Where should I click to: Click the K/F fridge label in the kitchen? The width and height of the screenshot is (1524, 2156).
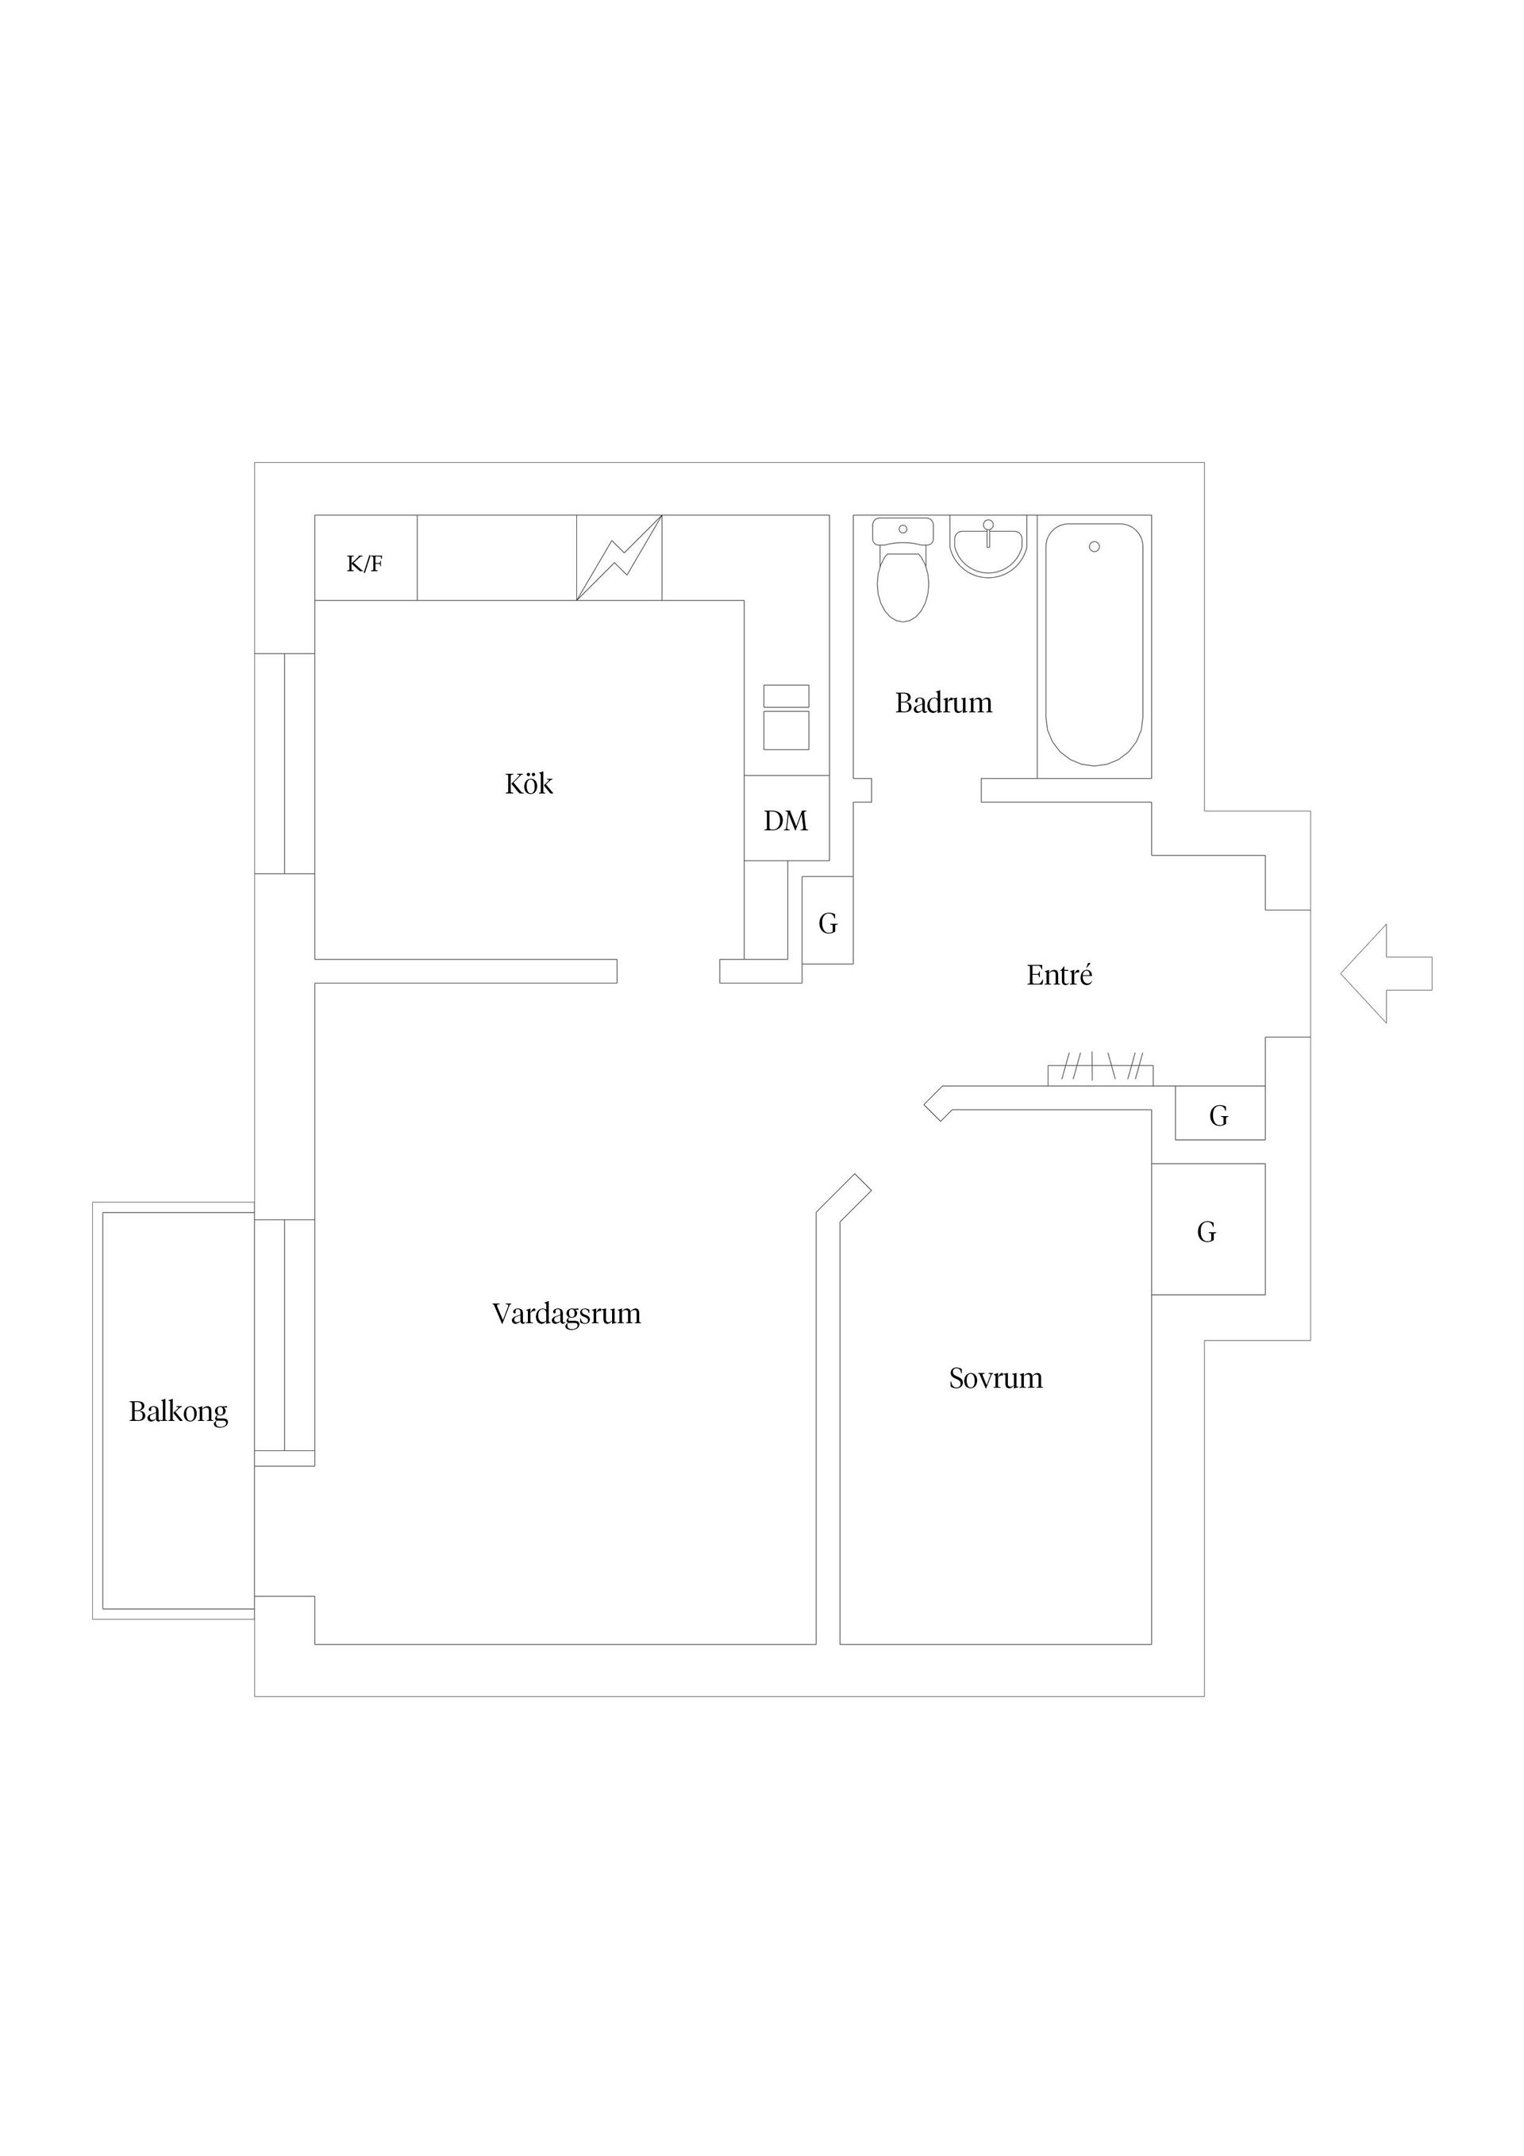(x=364, y=564)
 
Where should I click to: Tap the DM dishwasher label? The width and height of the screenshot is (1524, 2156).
(x=786, y=821)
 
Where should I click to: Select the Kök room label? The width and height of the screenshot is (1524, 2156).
(x=529, y=783)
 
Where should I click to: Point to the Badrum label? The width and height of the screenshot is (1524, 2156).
(x=944, y=703)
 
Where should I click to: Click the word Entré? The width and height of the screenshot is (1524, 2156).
(x=1059, y=975)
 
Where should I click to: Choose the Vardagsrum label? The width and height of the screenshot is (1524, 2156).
(x=566, y=1314)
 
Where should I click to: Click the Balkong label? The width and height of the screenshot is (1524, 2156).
(x=179, y=1412)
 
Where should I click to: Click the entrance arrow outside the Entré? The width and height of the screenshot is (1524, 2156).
(x=1387, y=974)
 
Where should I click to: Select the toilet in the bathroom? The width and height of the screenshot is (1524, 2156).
(x=902, y=570)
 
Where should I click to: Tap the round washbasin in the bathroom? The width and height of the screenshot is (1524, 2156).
(x=988, y=548)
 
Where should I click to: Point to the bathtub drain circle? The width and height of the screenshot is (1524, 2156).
(x=1094, y=546)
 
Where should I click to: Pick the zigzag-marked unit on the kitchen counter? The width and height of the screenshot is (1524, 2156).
(x=619, y=558)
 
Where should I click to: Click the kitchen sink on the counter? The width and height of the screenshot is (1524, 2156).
(x=786, y=718)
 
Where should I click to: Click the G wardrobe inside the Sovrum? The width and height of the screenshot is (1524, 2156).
(x=1209, y=1229)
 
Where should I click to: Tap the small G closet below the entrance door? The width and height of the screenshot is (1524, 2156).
(x=1220, y=1114)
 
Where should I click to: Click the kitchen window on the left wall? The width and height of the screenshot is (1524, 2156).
(x=284, y=764)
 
